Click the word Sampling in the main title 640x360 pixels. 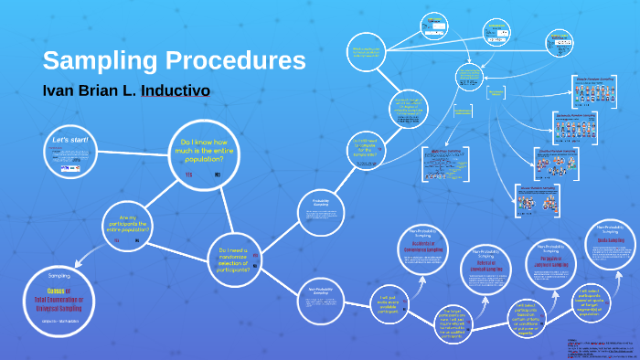coord(91,62)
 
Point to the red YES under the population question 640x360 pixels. coord(189,174)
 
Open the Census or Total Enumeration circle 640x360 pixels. coord(53,295)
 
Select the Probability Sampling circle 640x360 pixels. coord(321,212)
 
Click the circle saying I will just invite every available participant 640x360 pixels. coord(385,304)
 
